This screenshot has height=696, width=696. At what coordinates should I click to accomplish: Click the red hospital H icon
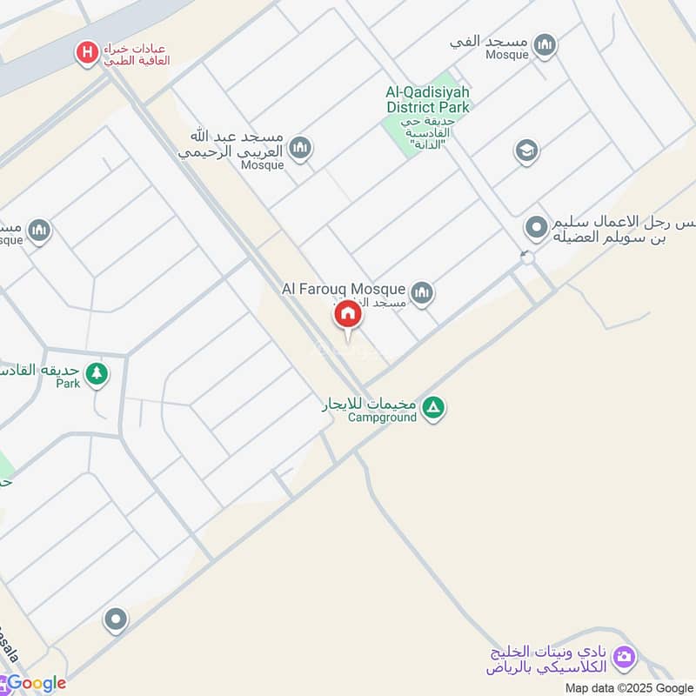[86, 54]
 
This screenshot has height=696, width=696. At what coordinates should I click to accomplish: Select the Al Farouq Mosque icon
[422, 292]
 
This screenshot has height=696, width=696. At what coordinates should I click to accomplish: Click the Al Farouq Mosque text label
[343, 289]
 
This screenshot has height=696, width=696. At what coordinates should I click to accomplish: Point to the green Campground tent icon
[433, 407]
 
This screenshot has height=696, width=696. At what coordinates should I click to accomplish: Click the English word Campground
[382, 417]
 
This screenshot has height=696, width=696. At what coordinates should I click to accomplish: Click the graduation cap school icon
[525, 151]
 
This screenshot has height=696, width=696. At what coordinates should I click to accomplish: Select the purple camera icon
[623, 658]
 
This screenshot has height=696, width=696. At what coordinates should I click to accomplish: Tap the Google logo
[35, 683]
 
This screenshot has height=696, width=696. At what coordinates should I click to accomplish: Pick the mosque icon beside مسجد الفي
[545, 45]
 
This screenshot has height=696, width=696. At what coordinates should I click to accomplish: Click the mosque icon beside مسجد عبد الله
[300, 148]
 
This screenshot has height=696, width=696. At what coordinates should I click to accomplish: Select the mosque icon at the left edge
[39, 231]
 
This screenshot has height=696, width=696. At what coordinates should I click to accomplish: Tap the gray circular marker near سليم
[537, 229]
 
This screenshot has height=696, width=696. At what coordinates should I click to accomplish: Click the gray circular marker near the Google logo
[115, 620]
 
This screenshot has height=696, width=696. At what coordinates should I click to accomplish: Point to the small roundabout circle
[526, 258]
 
